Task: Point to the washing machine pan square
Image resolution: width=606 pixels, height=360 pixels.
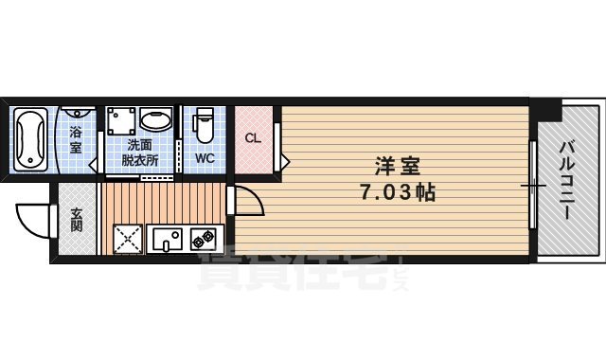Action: (120, 120)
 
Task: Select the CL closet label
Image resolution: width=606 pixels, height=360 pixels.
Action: (252, 138)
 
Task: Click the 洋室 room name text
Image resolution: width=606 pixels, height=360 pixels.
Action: (397, 163)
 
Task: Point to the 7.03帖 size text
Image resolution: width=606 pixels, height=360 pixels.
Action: (397, 191)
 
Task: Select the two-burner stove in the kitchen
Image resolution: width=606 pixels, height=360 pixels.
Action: (203, 239)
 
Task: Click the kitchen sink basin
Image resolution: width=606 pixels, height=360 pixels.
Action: (166, 239)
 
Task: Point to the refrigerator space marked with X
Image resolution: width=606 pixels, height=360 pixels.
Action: (129, 239)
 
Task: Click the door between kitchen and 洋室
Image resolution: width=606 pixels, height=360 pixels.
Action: (245, 201)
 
